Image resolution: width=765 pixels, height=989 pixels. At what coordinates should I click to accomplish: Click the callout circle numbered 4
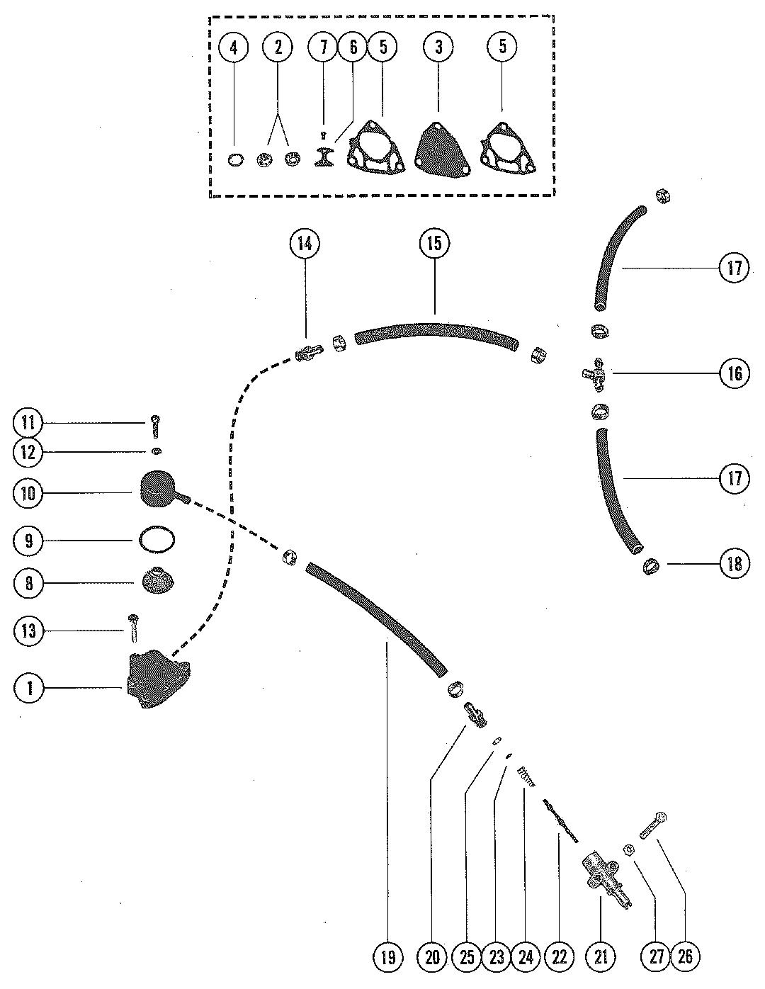[x=234, y=47]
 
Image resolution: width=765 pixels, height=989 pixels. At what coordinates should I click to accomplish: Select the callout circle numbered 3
[x=438, y=47]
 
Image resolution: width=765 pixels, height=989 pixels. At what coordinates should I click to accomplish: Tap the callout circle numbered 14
[x=305, y=244]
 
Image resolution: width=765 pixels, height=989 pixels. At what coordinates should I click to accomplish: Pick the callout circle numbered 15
[x=434, y=244]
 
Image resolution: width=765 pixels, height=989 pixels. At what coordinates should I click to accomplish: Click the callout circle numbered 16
[x=735, y=373]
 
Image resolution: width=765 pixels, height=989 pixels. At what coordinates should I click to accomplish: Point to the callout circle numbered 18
[x=735, y=564]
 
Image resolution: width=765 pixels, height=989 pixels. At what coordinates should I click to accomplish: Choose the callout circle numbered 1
[x=29, y=688]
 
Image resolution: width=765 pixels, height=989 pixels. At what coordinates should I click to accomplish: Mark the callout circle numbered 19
[x=387, y=957]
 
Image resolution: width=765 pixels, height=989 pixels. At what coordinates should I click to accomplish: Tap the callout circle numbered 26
[x=684, y=957]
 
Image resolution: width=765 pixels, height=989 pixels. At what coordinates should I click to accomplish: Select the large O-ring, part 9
[x=157, y=541]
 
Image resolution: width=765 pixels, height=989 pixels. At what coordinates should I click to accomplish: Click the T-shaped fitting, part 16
[x=594, y=374]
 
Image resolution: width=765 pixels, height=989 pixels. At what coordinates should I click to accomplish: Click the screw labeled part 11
[x=156, y=426]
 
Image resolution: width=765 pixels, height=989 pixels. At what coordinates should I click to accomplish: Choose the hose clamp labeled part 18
[x=651, y=567]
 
